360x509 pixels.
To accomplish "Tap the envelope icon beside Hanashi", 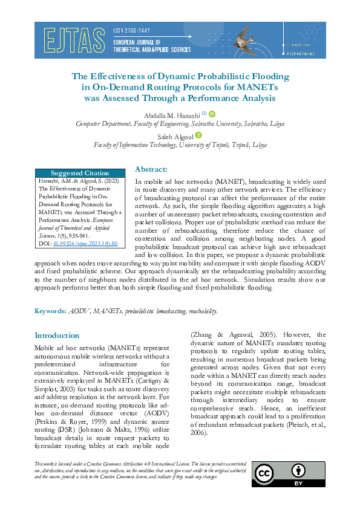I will (x=204, y=114).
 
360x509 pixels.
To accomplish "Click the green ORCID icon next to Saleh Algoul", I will (x=198, y=136).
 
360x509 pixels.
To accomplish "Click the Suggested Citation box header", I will (x=79, y=173).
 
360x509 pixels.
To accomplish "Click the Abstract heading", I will (x=151, y=169).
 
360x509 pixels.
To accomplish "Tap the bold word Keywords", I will (x=50, y=311).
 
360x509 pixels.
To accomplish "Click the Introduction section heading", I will (x=57, y=336).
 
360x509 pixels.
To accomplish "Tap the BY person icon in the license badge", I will (x=298, y=471).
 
